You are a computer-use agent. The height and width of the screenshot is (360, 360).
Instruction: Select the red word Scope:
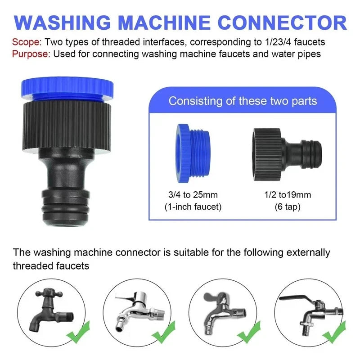(26, 42)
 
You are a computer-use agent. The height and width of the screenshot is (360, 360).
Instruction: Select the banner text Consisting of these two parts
(243, 100)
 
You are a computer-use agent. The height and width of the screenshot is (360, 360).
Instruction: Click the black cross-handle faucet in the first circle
(48, 310)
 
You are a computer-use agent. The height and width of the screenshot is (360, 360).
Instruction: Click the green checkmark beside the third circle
(249, 333)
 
